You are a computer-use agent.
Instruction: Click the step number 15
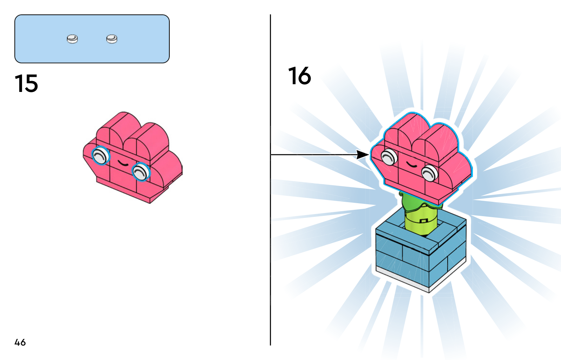[x=26, y=84]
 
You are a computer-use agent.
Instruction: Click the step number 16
[x=299, y=76]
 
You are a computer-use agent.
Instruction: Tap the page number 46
[x=20, y=342]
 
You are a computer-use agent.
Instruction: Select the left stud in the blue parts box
[x=72, y=39]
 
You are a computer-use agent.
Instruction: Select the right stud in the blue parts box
[x=112, y=39]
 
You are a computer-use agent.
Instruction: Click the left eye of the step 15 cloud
[x=100, y=155]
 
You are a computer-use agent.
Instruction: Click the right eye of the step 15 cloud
[x=141, y=172]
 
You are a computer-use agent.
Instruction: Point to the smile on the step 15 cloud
[x=122, y=163]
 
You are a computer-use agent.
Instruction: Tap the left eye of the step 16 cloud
[x=388, y=156]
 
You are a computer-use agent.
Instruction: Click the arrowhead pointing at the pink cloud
[x=363, y=154]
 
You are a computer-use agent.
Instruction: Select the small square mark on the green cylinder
[x=424, y=221]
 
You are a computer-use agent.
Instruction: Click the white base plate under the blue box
[x=403, y=277]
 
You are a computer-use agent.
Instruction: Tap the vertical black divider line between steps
[x=270, y=246]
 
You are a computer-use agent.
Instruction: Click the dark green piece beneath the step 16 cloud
[x=414, y=204]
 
